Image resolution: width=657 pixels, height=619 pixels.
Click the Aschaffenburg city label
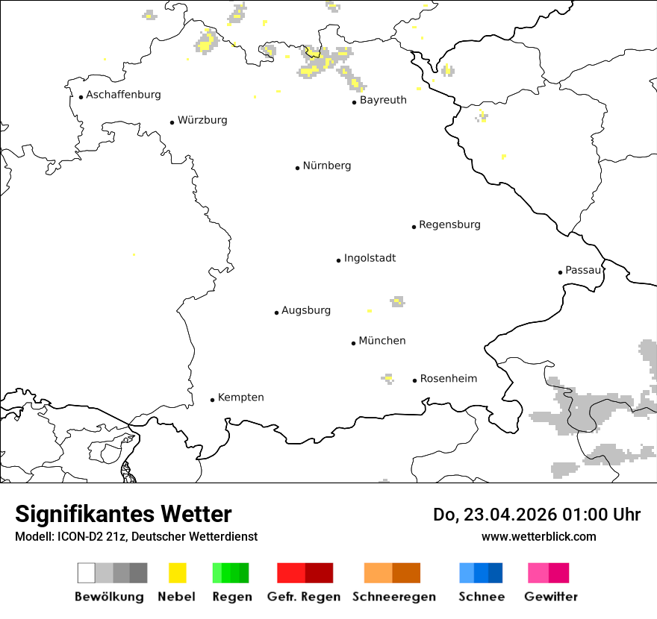point(123,95)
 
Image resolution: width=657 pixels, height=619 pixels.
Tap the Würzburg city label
point(202,120)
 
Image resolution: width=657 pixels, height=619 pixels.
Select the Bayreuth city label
point(383,100)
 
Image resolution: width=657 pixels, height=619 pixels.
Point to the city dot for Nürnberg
point(297,168)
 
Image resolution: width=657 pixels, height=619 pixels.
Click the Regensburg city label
point(449,224)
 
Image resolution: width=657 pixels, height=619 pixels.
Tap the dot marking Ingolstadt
point(338,260)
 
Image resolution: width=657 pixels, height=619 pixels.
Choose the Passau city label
point(583,270)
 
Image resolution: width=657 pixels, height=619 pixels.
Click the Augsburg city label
point(306,310)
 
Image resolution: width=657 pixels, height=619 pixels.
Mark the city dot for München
point(353,343)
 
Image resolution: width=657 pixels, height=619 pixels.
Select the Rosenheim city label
point(449,379)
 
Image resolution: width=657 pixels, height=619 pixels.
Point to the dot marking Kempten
point(212,400)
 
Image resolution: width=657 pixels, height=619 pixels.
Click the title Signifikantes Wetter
point(123,515)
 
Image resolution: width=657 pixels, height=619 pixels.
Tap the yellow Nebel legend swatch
point(178,573)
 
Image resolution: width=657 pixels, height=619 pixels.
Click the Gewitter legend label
point(551,597)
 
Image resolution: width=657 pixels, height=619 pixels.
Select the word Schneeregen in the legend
point(393,597)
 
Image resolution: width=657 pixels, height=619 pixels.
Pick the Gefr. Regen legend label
point(304,597)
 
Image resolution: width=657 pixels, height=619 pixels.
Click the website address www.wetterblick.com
point(538,537)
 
